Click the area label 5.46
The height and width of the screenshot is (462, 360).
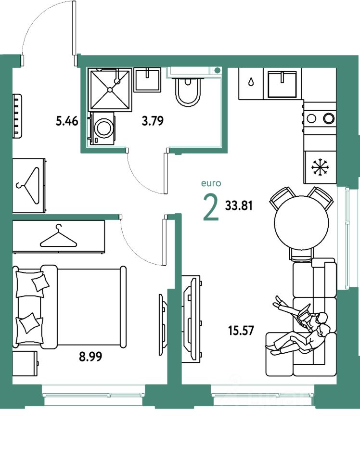pyautogui.click(x=66, y=121)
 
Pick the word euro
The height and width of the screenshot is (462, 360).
pyautogui.click(x=211, y=183)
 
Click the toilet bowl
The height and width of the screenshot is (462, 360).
pyautogui.click(x=188, y=92)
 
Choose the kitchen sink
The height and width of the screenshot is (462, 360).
pyautogui.click(x=283, y=84)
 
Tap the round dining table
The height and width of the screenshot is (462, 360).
pyautogui.click(x=301, y=223)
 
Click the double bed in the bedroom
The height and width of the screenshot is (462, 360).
pyautogui.click(x=72, y=306)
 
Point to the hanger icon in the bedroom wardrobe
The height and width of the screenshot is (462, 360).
pyautogui.click(x=58, y=236)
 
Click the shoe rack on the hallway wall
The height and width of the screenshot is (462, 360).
pyautogui.click(x=18, y=115)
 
